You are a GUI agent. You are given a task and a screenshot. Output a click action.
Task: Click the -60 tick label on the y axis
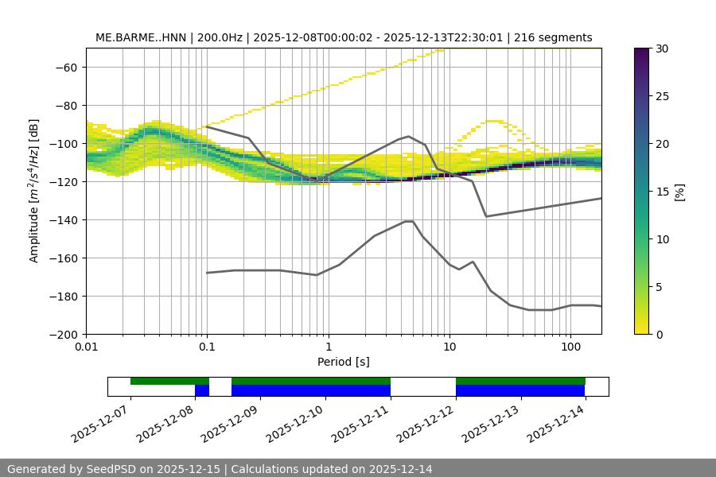click(x=64, y=67)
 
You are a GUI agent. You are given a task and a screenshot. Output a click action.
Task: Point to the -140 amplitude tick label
click(x=61, y=219)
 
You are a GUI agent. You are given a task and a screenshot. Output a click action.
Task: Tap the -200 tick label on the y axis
click(x=61, y=334)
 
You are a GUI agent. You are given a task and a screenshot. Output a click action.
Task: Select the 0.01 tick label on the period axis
click(x=86, y=347)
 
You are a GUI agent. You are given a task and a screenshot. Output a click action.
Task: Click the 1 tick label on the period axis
click(x=328, y=347)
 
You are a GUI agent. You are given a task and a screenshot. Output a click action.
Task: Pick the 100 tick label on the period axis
click(x=570, y=347)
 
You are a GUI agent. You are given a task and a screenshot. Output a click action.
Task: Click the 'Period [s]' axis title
click(x=344, y=362)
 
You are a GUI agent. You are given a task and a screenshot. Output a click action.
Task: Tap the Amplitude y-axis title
click(x=34, y=191)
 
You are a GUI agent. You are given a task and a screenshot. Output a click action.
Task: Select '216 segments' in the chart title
click(x=553, y=37)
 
